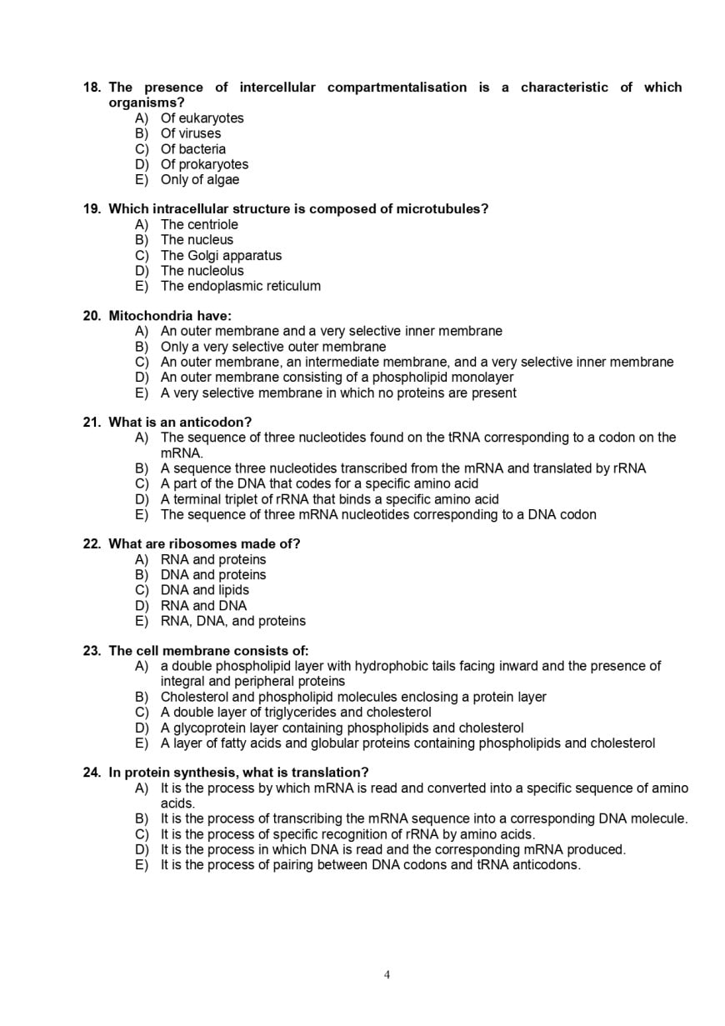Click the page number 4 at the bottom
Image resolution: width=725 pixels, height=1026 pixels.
[387, 975]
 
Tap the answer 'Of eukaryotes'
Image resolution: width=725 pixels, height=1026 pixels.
[202, 118]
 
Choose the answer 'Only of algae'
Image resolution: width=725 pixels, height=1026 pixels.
[199, 180]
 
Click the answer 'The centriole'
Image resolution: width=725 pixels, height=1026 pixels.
[199, 225]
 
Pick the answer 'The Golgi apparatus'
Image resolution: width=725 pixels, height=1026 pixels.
[221, 256]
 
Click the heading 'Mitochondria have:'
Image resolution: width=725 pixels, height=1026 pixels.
[170, 316]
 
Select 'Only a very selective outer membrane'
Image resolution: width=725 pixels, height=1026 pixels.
[273, 347]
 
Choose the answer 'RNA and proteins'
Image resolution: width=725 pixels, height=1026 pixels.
[213, 560]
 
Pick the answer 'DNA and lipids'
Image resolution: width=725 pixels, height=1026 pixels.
[204, 590]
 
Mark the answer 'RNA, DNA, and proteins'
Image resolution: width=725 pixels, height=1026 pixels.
[232, 621]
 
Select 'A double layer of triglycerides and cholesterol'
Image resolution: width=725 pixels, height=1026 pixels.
[296, 713]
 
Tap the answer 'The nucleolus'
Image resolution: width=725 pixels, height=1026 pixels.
[202, 271]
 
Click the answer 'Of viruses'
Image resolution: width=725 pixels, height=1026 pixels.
[191, 133]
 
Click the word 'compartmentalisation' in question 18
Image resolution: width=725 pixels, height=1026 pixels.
[397, 88]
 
